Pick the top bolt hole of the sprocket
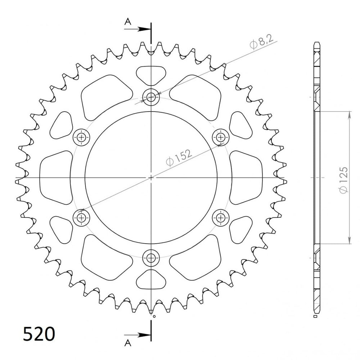(x=150, y=96)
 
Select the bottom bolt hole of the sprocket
(x=150, y=257)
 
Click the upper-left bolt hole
(x=81, y=137)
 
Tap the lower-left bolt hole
(x=81, y=217)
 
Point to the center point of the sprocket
(x=150, y=177)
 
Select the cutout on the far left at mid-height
(x=56, y=177)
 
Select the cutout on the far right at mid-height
(x=246, y=177)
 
